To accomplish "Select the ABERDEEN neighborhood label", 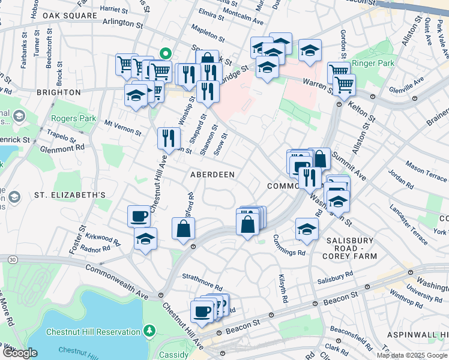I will (212, 174).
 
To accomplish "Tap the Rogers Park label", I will (74, 119).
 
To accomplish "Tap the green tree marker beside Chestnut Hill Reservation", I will (149, 331).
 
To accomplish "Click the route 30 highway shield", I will (13, 259).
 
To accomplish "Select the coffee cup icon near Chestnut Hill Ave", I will (139, 215).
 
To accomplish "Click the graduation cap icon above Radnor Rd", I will (145, 239).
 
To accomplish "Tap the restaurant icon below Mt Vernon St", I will (169, 137).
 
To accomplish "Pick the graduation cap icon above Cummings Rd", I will (307, 229).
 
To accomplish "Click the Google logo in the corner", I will (19, 353).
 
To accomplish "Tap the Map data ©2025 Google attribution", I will (411, 355).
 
